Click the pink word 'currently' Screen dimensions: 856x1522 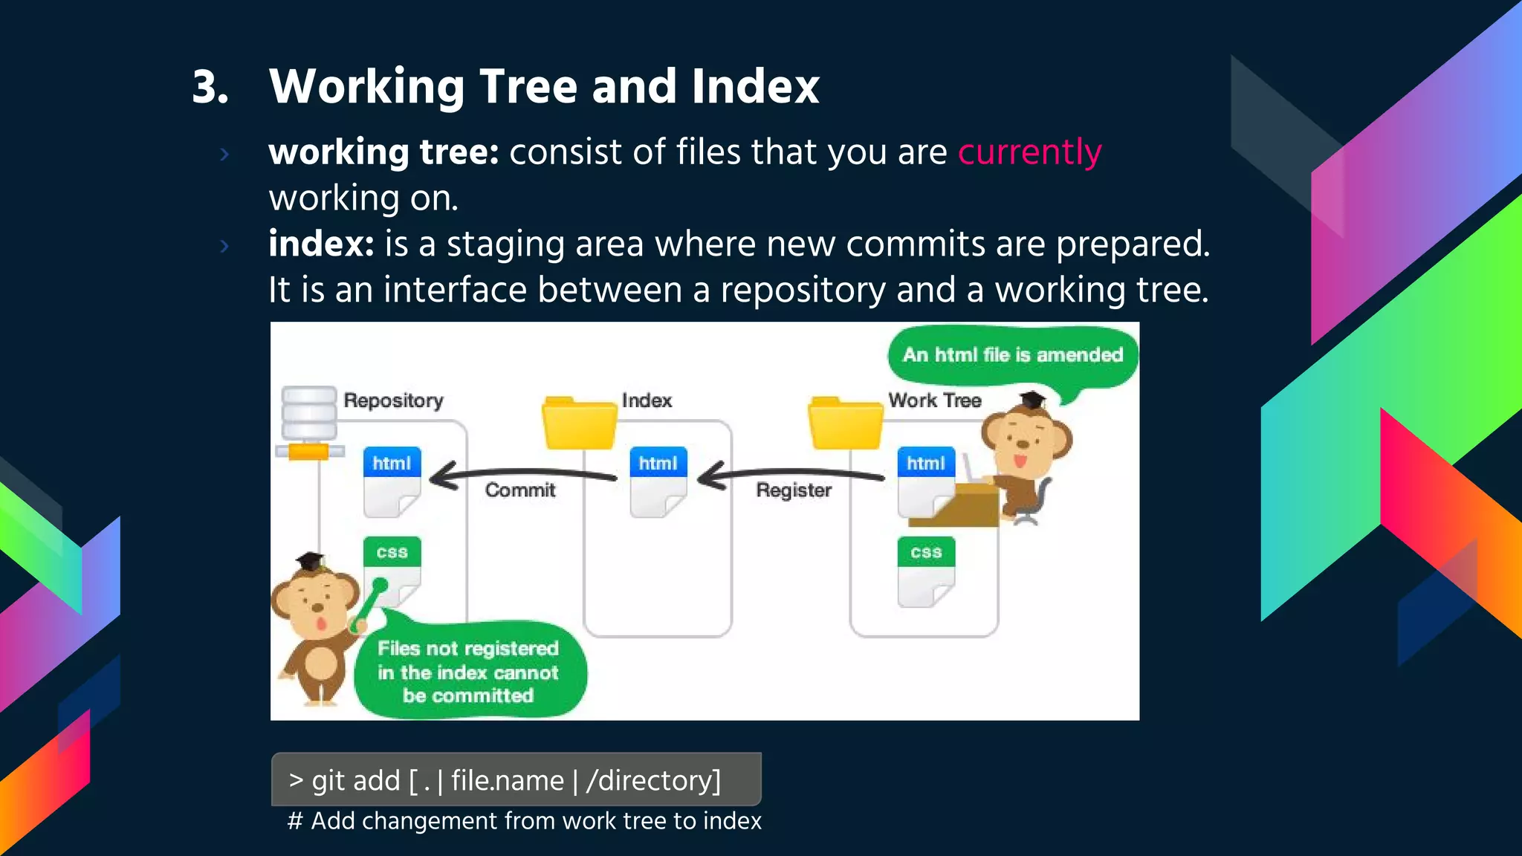coord(1029,152)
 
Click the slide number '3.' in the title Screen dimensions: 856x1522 coord(210,87)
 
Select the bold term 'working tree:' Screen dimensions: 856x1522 coord(383,152)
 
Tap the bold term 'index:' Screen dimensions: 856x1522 coord(321,244)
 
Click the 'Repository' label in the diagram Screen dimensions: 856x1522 coord(393,401)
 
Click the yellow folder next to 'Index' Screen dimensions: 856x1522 coord(579,424)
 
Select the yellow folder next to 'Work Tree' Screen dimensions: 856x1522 coord(845,424)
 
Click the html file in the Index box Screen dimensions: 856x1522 coord(658,481)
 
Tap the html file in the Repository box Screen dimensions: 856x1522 coord(392,481)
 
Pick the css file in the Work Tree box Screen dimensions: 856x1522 coord(925,571)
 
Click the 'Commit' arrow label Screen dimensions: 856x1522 coord(520,490)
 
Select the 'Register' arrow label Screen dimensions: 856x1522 coord(794,490)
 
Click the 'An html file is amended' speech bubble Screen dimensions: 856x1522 coord(1012,356)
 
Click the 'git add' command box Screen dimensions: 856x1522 coord(516,779)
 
